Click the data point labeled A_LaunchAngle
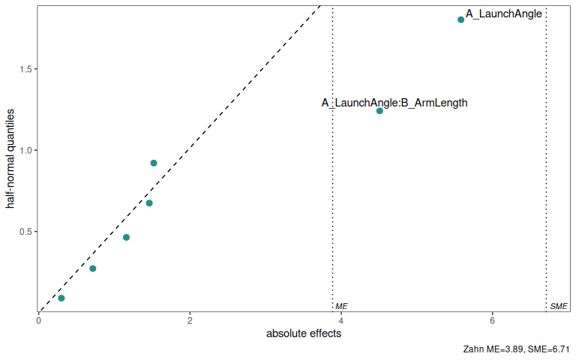pos(460,19)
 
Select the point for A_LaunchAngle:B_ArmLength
pos(379,111)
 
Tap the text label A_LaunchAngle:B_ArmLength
pos(394,103)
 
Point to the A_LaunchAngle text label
pos(503,13)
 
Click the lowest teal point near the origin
pos(61,298)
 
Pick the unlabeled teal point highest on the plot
pos(154,163)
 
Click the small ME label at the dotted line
pos(341,307)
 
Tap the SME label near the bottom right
pos(559,307)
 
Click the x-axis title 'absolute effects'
pos(304,334)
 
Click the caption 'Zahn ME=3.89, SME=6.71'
pos(517,349)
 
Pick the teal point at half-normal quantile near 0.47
pos(126,238)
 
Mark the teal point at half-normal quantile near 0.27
pos(93,268)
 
